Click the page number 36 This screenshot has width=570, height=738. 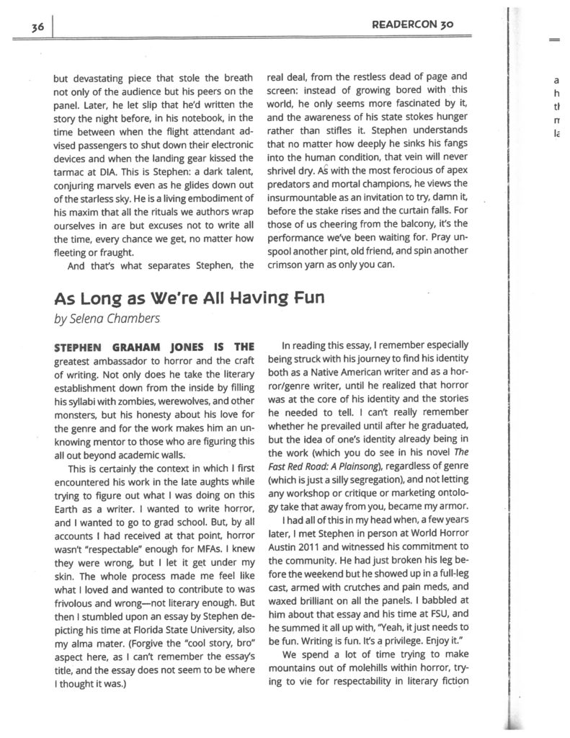(x=38, y=26)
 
